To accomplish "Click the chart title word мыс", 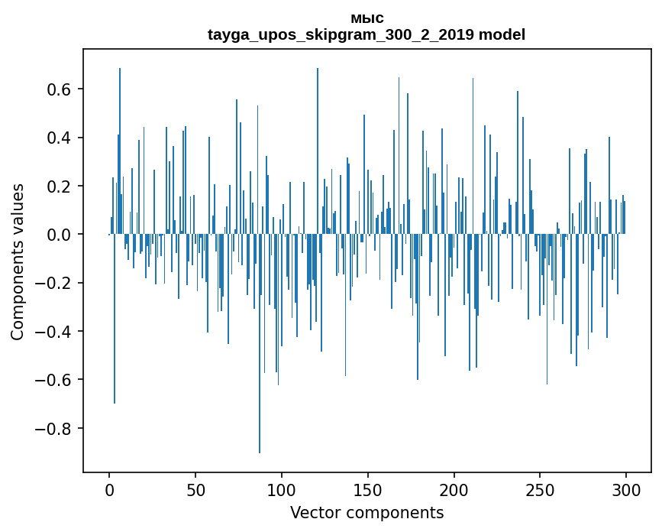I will coord(367,18).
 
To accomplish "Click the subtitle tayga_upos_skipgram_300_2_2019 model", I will coord(367,34).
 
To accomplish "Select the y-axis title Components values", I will coord(18,261).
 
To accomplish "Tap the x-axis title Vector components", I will coord(367,512).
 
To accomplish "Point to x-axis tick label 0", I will coord(109,490).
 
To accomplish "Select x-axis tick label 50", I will coord(195,490).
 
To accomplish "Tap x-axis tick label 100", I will coord(282,490).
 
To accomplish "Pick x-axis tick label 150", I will coord(368,490).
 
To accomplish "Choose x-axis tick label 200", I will coord(454,490).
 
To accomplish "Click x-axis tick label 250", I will coord(541,490).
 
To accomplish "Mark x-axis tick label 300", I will coord(626,490).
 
